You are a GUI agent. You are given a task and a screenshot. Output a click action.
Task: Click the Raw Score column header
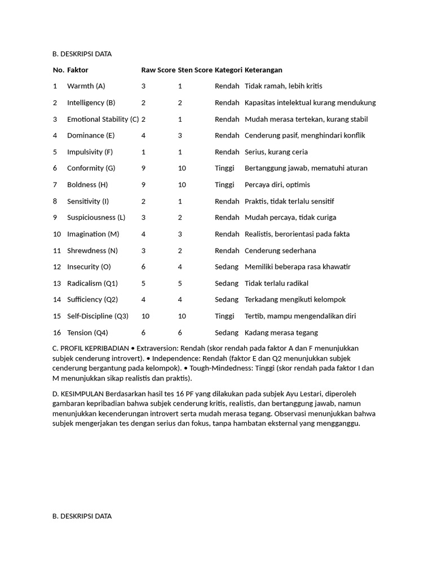tap(158, 70)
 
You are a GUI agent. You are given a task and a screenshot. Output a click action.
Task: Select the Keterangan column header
tap(263, 70)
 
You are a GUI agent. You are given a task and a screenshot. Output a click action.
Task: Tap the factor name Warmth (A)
tap(86, 86)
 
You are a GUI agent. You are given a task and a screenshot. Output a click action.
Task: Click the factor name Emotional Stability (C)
tap(103, 119)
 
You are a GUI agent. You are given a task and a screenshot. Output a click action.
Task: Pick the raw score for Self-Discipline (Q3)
tap(145, 316)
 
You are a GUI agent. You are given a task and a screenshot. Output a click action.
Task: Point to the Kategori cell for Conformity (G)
tap(224, 168)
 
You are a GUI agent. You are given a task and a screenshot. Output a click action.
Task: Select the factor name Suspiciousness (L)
tap(96, 218)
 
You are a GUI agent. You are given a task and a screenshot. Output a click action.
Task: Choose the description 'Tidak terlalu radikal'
tap(276, 283)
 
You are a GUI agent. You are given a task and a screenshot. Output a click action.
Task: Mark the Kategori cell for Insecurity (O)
tap(226, 267)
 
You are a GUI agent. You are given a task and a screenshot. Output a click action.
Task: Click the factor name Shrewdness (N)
tap(92, 250)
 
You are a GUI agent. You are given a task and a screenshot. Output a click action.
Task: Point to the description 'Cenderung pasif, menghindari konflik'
tap(304, 135)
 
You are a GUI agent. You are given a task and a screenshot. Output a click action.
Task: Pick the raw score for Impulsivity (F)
tap(143, 152)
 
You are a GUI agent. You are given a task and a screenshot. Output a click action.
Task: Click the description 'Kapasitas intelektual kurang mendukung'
tap(310, 103)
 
